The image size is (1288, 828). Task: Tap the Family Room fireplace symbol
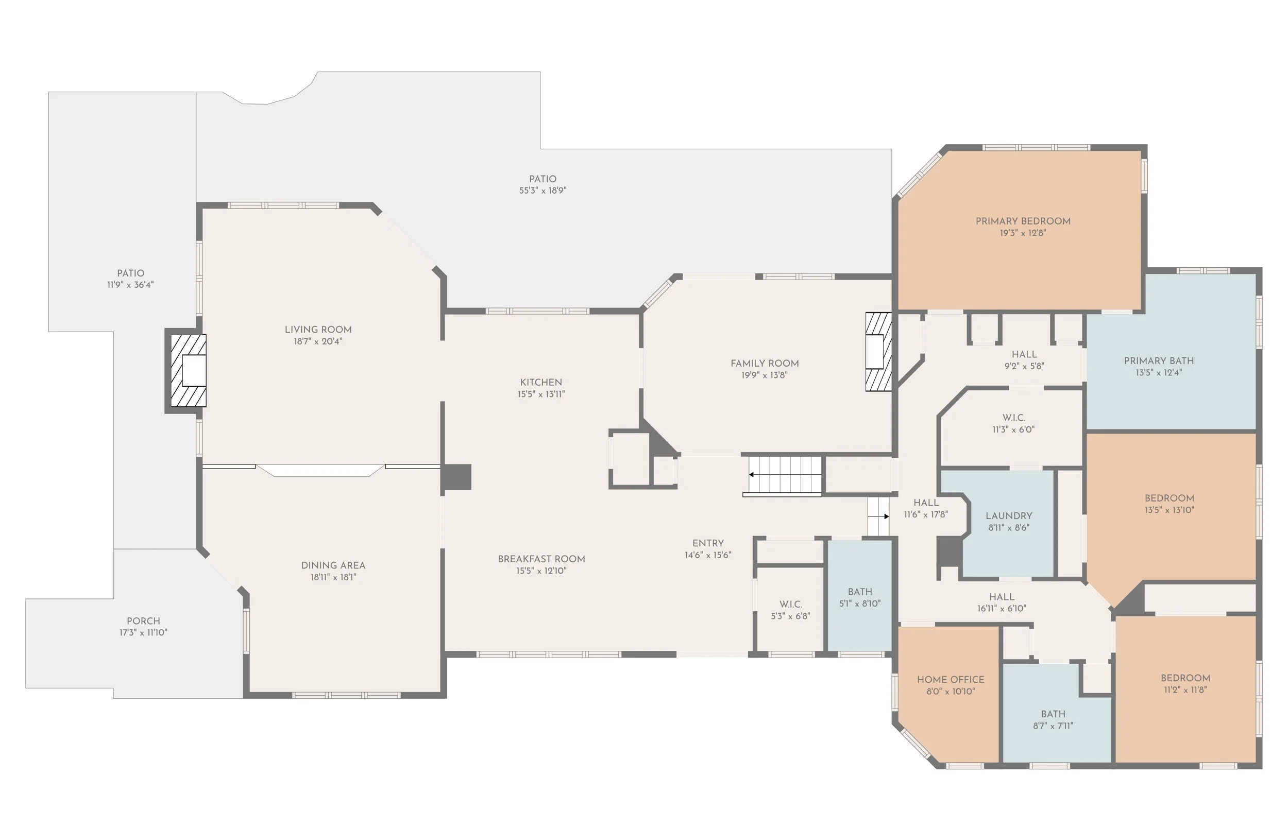point(877,352)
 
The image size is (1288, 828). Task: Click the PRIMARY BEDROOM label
point(1022,221)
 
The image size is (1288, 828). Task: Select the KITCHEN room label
point(540,382)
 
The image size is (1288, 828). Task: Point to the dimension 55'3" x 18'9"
point(542,191)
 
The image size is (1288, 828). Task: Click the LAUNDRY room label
point(1008,515)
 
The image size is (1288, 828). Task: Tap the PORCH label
point(143,620)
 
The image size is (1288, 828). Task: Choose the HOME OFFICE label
point(950,680)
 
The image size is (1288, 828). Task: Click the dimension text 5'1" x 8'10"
point(859,603)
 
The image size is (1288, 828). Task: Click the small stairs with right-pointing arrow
point(878,516)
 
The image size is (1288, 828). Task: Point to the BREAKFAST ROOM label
point(541,559)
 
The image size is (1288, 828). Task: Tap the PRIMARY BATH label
point(1158,361)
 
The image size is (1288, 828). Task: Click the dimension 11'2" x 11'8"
point(1185,689)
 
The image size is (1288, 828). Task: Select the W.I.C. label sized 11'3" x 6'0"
point(1013,418)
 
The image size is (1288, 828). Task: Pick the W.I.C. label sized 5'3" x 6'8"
point(790,605)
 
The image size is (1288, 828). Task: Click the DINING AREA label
point(333,565)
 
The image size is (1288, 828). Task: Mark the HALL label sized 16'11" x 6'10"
point(1002,597)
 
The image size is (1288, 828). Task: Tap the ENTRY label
point(708,543)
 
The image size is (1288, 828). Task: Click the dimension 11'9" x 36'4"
point(130,285)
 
